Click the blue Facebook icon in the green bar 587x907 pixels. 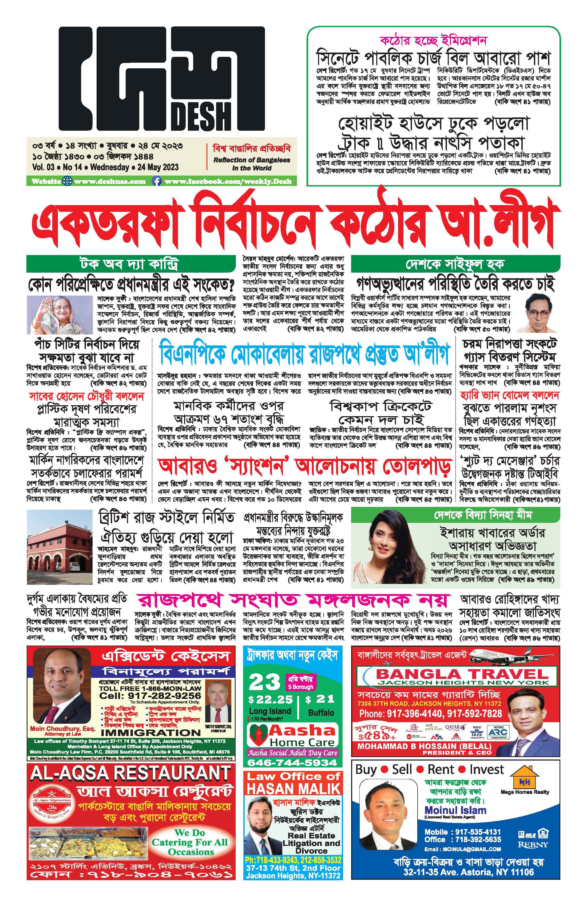coord(156,181)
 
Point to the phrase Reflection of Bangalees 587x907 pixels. coord(252,160)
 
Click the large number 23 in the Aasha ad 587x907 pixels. coord(264,683)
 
